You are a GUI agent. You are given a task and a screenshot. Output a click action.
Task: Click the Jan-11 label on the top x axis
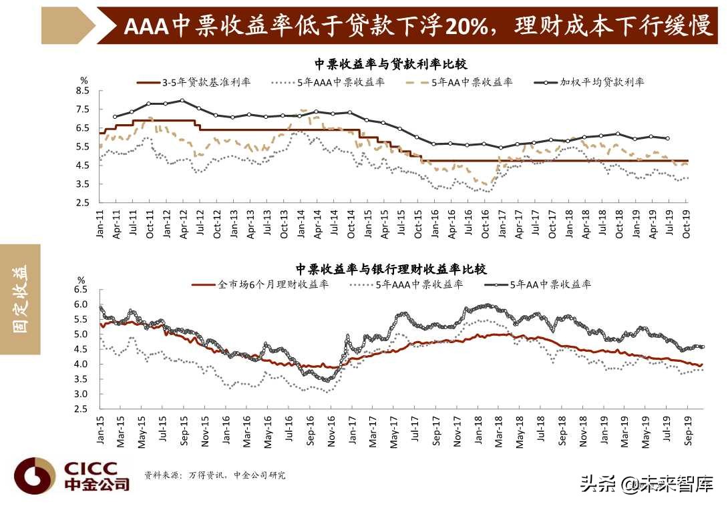[100, 224]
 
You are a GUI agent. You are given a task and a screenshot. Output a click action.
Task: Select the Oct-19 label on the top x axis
[686, 224]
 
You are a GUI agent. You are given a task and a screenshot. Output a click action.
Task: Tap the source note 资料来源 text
[214, 475]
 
